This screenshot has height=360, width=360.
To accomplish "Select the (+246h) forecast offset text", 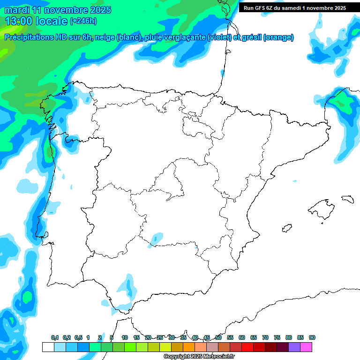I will click(83, 21).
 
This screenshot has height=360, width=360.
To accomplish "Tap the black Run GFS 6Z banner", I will click(295, 8).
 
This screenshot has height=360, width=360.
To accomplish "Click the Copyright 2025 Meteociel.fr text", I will click(199, 357).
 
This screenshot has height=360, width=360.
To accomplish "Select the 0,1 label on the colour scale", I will click(55, 338).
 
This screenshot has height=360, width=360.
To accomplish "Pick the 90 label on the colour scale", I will click(312, 338).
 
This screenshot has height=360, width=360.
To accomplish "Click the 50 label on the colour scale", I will click(218, 338).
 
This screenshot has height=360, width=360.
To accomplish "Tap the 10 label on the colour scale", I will click(125, 338).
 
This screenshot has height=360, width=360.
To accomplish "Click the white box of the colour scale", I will click(48, 347).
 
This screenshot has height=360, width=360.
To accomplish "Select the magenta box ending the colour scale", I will click(306, 347).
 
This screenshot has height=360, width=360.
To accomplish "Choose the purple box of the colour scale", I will click(294, 347).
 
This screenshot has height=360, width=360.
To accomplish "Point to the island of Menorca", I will click(347, 199).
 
